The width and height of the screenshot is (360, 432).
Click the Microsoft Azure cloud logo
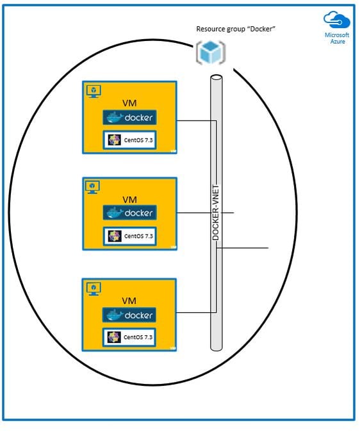coord(336,20)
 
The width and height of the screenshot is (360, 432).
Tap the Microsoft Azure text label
coord(337,38)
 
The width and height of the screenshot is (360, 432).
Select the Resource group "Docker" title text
coord(236,29)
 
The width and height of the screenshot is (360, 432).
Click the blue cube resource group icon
coord(211,53)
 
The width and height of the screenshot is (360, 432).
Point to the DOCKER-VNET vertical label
coord(216,212)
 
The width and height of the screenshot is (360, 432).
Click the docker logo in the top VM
coord(130,117)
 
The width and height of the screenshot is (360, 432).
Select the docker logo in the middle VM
coord(130,213)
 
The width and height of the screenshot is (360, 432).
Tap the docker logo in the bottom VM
coord(129,315)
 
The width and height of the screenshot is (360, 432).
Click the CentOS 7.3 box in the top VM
coord(130,140)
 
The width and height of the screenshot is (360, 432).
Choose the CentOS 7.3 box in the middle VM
coord(130,236)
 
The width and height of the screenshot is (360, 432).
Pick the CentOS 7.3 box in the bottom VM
coord(129,337)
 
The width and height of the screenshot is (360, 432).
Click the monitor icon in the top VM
coord(94,91)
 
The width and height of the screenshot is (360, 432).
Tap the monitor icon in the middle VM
coord(92,187)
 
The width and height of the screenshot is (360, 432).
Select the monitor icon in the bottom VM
coord(94,288)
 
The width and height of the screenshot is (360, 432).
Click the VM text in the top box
coord(129,103)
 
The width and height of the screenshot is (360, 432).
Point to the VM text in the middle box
coord(129,199)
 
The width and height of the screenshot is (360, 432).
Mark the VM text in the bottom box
coord(129,301)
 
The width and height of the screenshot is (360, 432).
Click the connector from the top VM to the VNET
coord(196,120)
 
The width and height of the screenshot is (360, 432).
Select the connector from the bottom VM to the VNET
coord(196,312)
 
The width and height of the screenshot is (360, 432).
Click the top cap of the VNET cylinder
coord(217,78)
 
